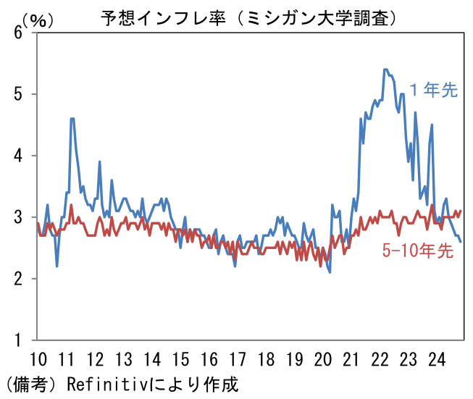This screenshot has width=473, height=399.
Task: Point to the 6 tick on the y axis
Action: point(21,33)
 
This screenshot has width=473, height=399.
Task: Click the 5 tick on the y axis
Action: point(21,94)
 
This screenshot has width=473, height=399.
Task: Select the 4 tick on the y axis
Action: point(21,156)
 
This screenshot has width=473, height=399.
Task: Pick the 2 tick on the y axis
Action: point(21,279)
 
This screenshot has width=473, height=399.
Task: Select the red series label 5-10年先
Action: point(418,252)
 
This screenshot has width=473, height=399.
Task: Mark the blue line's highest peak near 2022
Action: point(386,70)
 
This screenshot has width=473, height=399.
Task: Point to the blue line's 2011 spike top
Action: point(72,118)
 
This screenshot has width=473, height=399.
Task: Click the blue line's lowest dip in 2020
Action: point(330,272)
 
